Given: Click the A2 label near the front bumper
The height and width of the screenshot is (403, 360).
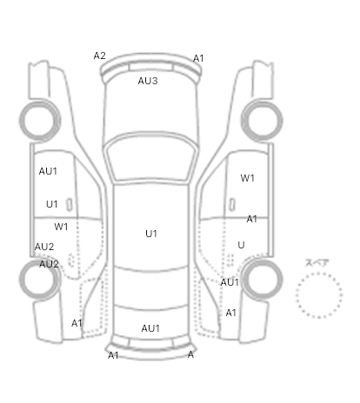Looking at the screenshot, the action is point(99,56).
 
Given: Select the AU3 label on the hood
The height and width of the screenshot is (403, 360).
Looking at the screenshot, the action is point(148,81).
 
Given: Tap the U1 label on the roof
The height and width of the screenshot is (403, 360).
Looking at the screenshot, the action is point(151,234).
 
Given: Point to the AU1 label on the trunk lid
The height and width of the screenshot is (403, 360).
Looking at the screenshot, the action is point(150,328).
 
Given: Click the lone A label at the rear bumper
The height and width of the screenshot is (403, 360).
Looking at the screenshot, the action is point(190,354).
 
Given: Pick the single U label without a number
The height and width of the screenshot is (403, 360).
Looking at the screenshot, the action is point(241,245).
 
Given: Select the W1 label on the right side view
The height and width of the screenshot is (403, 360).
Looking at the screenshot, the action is point(247,178).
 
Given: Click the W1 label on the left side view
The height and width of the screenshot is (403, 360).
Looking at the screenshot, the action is point(61,227).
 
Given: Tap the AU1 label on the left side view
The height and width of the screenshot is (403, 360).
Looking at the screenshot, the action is point(48,171).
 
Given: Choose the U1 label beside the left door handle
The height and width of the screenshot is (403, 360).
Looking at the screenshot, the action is point(52,204).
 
